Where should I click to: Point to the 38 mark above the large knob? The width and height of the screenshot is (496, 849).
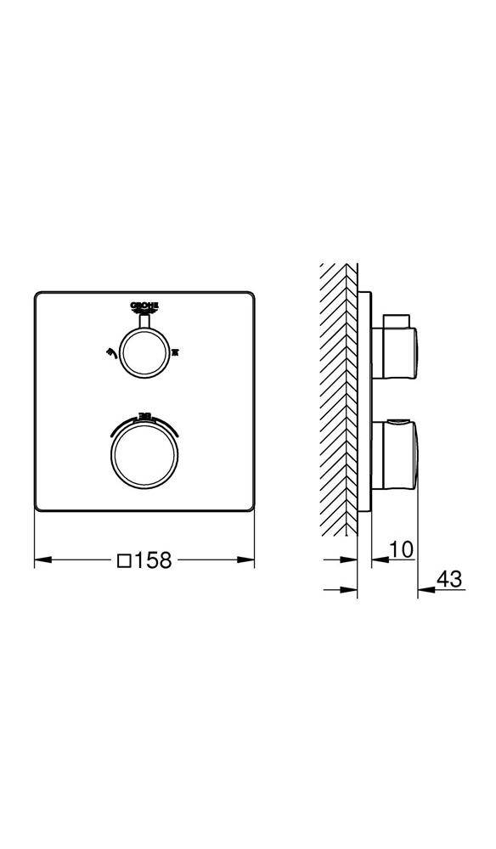tap(144, 416)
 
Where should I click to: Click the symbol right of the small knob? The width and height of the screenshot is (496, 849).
tap(177, 349)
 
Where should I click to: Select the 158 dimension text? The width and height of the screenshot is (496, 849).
tap(155, 560)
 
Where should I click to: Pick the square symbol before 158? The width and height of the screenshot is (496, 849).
tap(124, 560)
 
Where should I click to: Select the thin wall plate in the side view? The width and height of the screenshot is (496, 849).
tap(364, 399)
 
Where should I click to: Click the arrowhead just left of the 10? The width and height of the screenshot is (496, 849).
tap(378, 560)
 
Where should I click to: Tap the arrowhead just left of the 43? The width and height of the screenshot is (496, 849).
tap(424, 590)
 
